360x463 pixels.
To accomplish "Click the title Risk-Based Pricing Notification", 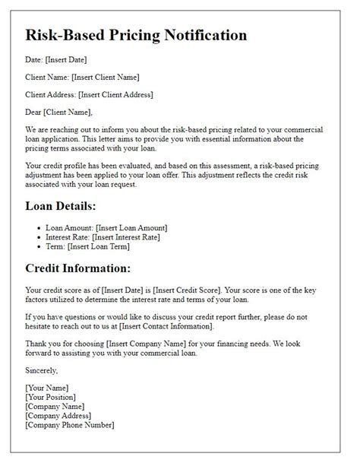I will tap(136, 35).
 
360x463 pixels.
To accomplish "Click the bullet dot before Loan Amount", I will tap(39, 227).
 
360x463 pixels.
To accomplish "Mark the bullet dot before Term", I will tap(39, 247).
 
